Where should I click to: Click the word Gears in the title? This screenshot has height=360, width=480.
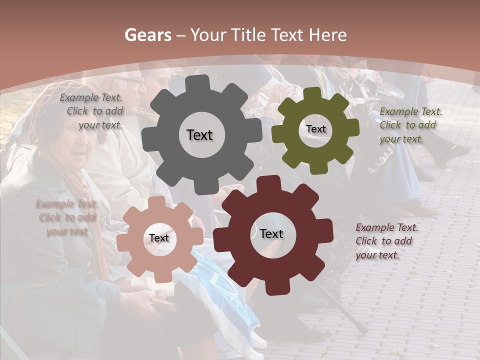coord(147,35)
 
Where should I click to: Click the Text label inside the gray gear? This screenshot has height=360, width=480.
coord(199,135)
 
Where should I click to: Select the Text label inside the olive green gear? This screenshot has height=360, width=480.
coord(315,129)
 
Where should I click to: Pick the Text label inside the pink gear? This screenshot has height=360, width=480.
coord(159,238)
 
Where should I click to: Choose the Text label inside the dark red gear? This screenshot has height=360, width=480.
coord(271,233)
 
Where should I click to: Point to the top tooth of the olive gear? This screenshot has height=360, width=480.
coord(312,93)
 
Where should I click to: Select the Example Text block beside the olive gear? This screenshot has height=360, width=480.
coord(410,125)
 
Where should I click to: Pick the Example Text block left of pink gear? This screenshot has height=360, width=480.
coord(67,217)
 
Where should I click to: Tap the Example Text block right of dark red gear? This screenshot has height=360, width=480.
coord(386,241)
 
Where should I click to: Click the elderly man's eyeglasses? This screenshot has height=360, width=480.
coord(128,79)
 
